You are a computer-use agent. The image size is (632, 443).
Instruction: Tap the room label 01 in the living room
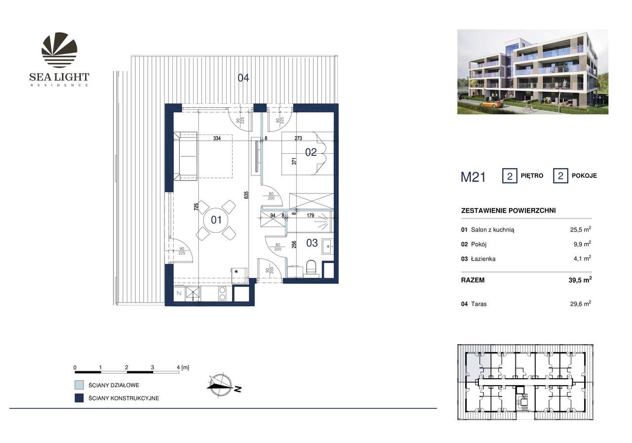[x=216, y=220]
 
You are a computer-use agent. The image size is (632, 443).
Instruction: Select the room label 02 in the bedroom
[x=311, y=152]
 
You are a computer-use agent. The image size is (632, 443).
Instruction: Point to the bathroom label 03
[x=312, y=243]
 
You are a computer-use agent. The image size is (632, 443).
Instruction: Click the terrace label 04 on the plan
[x=243, y=78]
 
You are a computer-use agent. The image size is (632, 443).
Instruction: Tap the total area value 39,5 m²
[x=580, y=280]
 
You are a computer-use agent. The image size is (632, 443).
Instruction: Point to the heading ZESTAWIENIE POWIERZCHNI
[x=508, y=211]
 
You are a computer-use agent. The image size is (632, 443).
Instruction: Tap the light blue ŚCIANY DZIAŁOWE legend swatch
[x=79, y=385]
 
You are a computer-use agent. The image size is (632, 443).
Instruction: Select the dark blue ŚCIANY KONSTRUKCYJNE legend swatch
[x=79, y=399]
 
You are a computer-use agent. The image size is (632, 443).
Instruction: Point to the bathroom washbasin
[x=327, y=245]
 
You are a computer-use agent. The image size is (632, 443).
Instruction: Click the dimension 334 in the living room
[x=217, y=138]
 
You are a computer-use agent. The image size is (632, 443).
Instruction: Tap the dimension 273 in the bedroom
[x=298, y=138]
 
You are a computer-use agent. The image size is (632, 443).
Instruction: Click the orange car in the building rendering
[x=490, y=104]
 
